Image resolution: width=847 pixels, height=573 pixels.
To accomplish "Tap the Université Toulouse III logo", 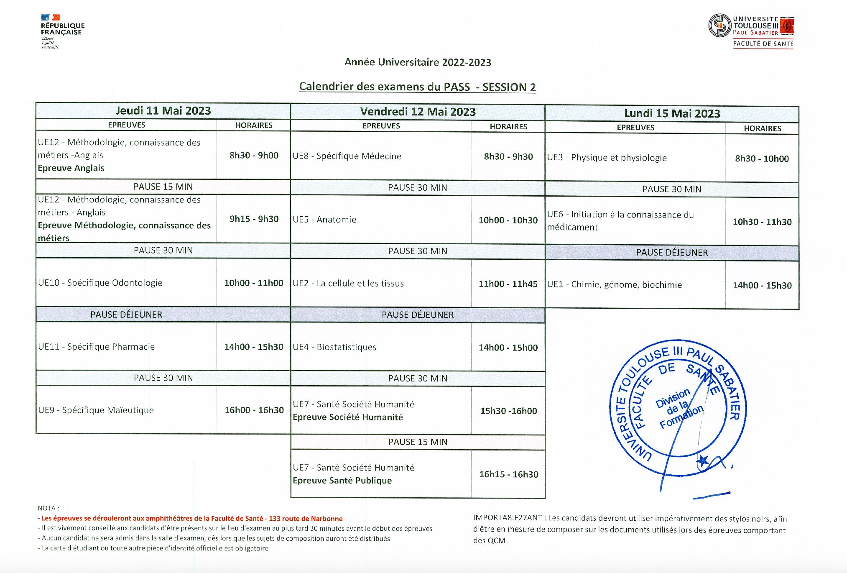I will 751,31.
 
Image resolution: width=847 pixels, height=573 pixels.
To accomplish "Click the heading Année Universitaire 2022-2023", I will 418,62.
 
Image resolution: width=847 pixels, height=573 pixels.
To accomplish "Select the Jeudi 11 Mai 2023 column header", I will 163,111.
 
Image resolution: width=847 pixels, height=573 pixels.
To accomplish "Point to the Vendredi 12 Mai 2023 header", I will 418,112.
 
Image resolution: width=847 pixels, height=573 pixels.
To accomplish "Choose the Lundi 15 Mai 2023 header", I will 672,113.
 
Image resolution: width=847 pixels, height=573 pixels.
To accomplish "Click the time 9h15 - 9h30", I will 254,219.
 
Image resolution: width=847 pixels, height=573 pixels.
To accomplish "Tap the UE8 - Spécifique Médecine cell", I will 347,156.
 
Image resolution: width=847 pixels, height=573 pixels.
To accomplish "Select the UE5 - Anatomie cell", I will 324,220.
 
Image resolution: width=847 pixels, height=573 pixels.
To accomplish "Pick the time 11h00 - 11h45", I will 508,284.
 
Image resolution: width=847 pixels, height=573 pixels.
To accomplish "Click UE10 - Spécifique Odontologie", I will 100,283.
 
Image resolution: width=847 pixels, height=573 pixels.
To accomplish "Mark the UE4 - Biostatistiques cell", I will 334,347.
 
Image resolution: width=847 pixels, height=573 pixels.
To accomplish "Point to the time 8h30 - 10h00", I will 762,159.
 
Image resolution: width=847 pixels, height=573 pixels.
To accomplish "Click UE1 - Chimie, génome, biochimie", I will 614,285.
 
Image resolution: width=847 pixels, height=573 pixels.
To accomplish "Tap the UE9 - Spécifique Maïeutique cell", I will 96,410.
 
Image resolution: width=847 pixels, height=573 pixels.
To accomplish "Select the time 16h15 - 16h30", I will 508,474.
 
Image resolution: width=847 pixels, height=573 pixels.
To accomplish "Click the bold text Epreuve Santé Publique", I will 342,481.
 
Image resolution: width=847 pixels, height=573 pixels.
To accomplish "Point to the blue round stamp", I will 677,408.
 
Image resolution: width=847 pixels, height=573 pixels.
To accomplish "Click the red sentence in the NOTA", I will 192,519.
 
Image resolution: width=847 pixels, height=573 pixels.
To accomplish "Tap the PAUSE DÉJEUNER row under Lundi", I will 672,253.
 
